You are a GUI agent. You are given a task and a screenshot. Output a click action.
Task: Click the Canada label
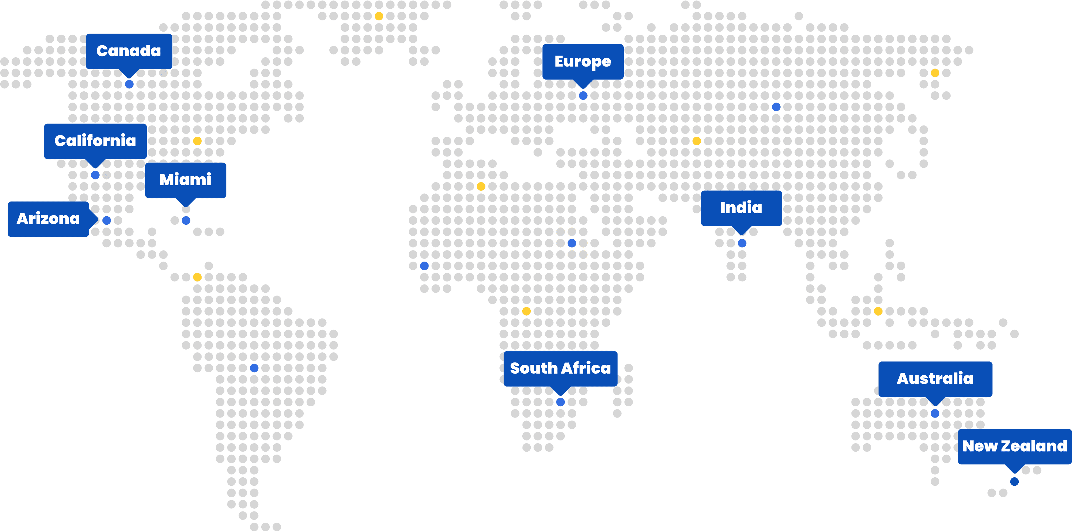click(129, 51)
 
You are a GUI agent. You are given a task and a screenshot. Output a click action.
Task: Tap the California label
click(95, 141)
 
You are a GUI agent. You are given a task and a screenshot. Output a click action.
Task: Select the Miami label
click(185, 179)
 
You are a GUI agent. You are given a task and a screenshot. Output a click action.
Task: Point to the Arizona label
click(48, 219)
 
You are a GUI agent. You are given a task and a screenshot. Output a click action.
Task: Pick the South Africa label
click(560, 368)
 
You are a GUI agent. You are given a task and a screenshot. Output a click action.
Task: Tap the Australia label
click(935, 379)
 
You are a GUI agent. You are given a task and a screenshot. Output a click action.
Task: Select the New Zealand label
click(1014, 446)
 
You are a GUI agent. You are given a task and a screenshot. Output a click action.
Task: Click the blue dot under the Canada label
click(130, 84)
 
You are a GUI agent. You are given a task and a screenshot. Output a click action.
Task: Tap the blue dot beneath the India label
click(742, 243)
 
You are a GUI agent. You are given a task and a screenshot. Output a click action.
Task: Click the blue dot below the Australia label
click(935, 413)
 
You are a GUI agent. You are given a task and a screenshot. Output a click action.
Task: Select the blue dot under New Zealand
click(1014, 482)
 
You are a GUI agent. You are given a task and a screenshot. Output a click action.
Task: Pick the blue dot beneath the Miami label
click(186, 220)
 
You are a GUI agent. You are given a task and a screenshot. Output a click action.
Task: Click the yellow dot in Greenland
click(379, 16)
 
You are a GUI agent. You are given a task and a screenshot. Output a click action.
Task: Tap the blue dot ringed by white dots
click(572, 243)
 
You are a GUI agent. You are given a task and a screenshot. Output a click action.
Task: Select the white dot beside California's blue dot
click(107, 175)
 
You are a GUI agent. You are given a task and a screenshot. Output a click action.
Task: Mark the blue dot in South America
click(254, 368)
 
